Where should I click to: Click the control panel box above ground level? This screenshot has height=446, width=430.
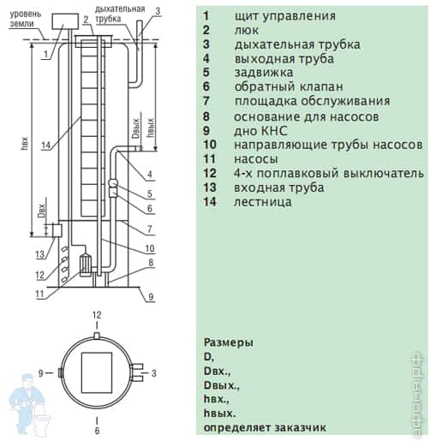[65, 21]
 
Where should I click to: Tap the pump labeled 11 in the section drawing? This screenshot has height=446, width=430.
[85, 265]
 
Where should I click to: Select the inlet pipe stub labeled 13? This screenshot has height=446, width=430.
[57, 230]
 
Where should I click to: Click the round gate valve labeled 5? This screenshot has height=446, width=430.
[114, 183]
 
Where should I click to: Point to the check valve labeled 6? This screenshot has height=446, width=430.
[113, 193]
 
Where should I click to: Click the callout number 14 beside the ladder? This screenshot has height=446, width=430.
[46, 146]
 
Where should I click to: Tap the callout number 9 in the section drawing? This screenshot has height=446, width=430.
[151, 297]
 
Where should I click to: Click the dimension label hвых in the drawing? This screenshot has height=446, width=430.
[151, 128]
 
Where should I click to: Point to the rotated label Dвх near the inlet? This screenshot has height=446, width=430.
[42, 211]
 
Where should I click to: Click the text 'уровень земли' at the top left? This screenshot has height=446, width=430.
[26, 19]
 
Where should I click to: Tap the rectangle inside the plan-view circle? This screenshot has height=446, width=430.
[97, 372]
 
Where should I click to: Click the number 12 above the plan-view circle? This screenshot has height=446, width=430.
[97, 315]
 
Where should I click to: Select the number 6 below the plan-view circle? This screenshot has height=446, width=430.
[97, 431]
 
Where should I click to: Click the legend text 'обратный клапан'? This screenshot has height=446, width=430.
[289, 86]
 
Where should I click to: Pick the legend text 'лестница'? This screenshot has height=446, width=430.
[263, 202]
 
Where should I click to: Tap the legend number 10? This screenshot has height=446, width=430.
[210, 145]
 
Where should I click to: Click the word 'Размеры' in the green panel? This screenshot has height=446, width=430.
[229, 342]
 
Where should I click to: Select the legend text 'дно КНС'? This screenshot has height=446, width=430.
[260, 131]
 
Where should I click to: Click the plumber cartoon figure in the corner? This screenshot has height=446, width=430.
[28, 405]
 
